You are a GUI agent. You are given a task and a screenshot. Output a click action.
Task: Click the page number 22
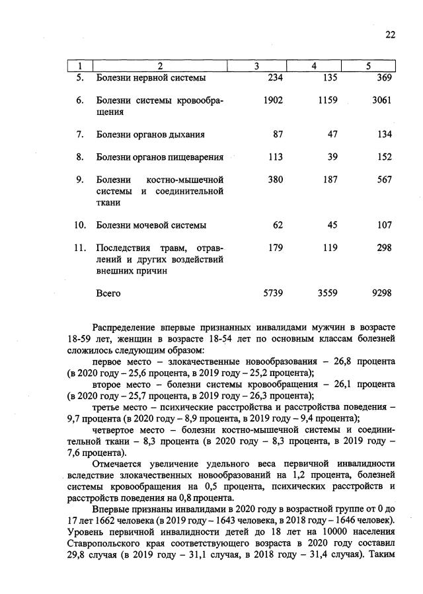point(390,36)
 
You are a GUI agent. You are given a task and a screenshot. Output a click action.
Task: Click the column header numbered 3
point(256,66)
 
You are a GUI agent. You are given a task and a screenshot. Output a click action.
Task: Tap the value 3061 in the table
point(381,101)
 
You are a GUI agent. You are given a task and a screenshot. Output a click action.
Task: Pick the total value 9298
point(381,292)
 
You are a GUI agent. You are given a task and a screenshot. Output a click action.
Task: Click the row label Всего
point(109,292)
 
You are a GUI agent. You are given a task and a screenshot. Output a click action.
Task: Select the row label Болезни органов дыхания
point(150,135)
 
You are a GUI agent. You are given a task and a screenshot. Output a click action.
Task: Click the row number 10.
point(80,225)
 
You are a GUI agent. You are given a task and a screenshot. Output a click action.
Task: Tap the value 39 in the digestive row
point(332,157)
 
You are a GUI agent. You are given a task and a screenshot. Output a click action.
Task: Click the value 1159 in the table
point(327,101)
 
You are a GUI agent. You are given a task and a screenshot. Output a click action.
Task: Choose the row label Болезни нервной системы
point(150,78)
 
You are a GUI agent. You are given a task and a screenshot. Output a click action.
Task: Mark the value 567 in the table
point(384,180)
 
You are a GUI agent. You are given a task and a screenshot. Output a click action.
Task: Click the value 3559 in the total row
point(327,292)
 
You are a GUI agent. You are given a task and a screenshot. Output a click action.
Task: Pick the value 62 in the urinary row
point(278,225)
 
